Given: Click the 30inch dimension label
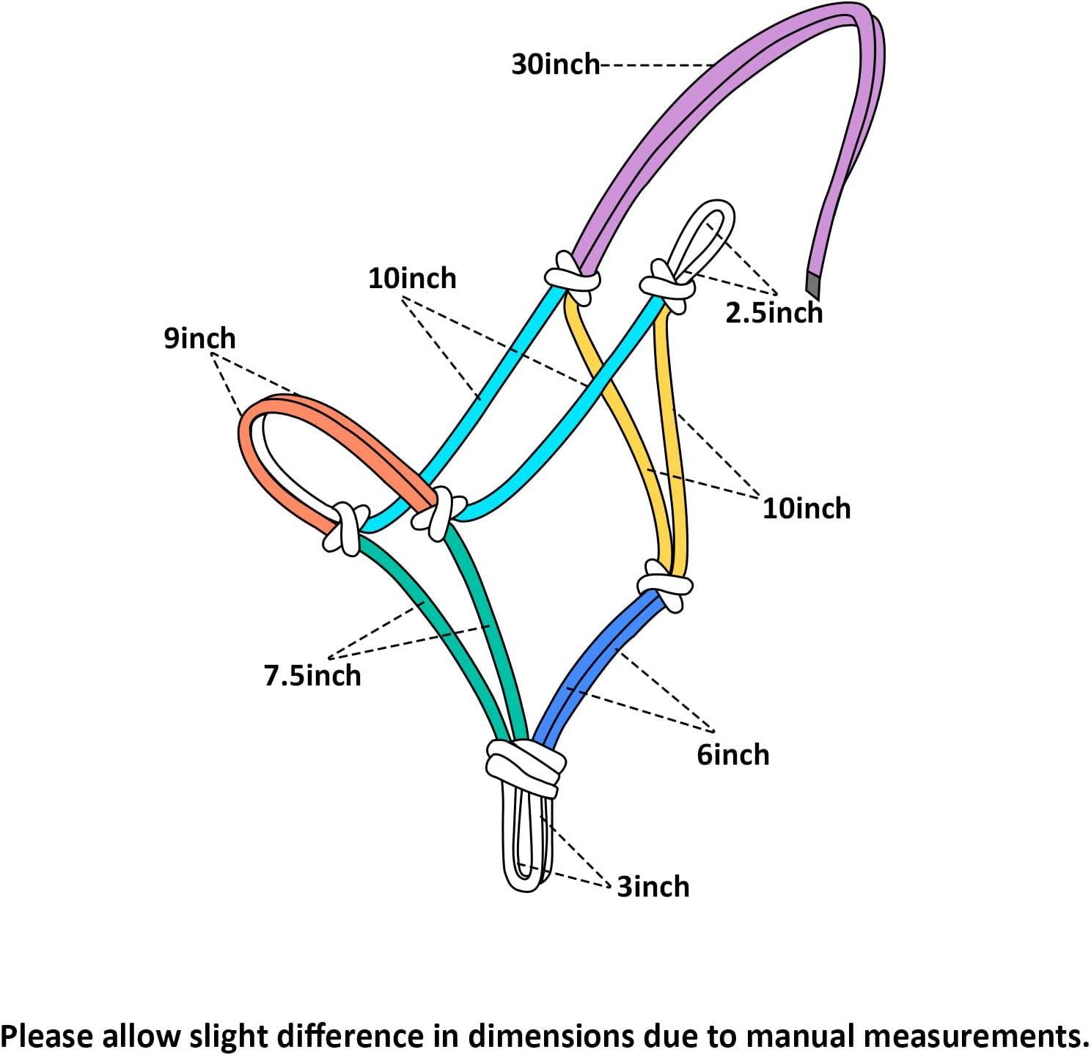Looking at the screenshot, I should tap(555, 65).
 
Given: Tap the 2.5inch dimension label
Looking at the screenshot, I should tap(774, 313).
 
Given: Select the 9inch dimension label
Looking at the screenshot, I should tap(199, 339).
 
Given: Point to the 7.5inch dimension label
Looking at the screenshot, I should tap(312, 675).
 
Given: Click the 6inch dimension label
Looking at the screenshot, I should tap(732, 754).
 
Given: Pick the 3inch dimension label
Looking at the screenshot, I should tap(653, 887).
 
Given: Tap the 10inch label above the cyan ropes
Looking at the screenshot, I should tap(412, 279).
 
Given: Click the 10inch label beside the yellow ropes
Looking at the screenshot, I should tap(806, 508).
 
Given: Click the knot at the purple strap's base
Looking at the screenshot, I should tap(573, 277).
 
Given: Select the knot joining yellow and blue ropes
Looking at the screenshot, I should tap(664, 584).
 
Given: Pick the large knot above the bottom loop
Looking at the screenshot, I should tap(525, 766).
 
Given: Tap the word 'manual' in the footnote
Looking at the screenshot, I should tap(801, 1036).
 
